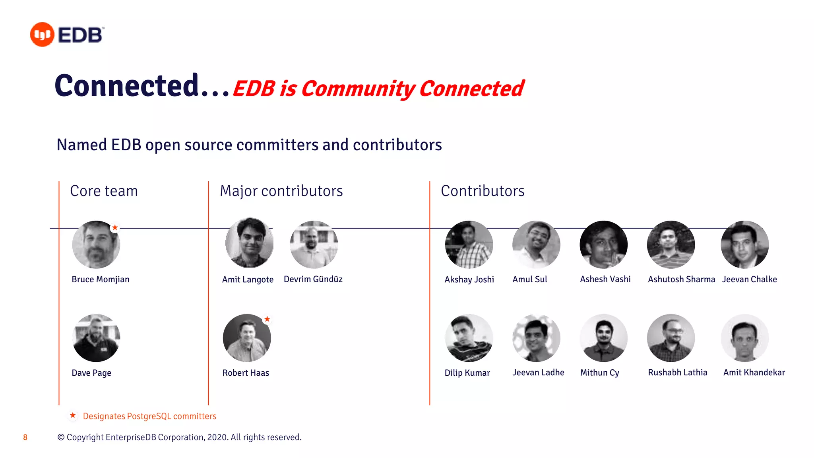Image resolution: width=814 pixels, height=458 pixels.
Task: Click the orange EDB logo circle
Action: pos(42,35)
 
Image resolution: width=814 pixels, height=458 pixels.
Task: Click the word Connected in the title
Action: pos(126,86)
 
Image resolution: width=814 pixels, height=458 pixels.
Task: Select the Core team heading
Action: pos(104,191)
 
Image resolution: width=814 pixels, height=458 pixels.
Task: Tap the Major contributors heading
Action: pos(281,191)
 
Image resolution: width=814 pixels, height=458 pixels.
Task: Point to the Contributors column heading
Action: pos(483,191)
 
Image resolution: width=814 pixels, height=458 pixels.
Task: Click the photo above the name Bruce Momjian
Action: pos(96,245)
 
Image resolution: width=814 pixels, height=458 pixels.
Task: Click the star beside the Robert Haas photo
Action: pos(267,319)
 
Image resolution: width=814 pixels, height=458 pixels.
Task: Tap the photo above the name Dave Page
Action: pos(96,338)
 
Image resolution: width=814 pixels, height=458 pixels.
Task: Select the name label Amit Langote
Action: pos(248,279)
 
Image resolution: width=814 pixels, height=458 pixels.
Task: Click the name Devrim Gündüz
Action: pos(313,279)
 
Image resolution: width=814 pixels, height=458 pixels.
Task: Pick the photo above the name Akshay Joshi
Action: pos(469,245)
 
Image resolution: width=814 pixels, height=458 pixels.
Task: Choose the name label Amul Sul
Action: pos(529,279)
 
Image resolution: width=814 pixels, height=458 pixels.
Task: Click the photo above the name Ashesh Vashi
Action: pos(603,245)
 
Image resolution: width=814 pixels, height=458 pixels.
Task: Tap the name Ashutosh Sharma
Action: pos(681,279)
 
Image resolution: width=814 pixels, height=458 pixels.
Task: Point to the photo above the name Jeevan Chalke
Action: pos(744,245)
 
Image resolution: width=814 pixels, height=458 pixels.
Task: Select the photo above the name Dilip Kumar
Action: pos(469,338)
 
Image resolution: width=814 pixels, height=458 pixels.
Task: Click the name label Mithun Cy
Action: pos(599,373)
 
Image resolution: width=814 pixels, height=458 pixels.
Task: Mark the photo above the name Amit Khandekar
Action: pos(744,338)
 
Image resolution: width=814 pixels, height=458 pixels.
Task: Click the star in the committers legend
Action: pos(73,415)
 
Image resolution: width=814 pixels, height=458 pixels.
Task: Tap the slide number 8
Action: pos(25,437)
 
